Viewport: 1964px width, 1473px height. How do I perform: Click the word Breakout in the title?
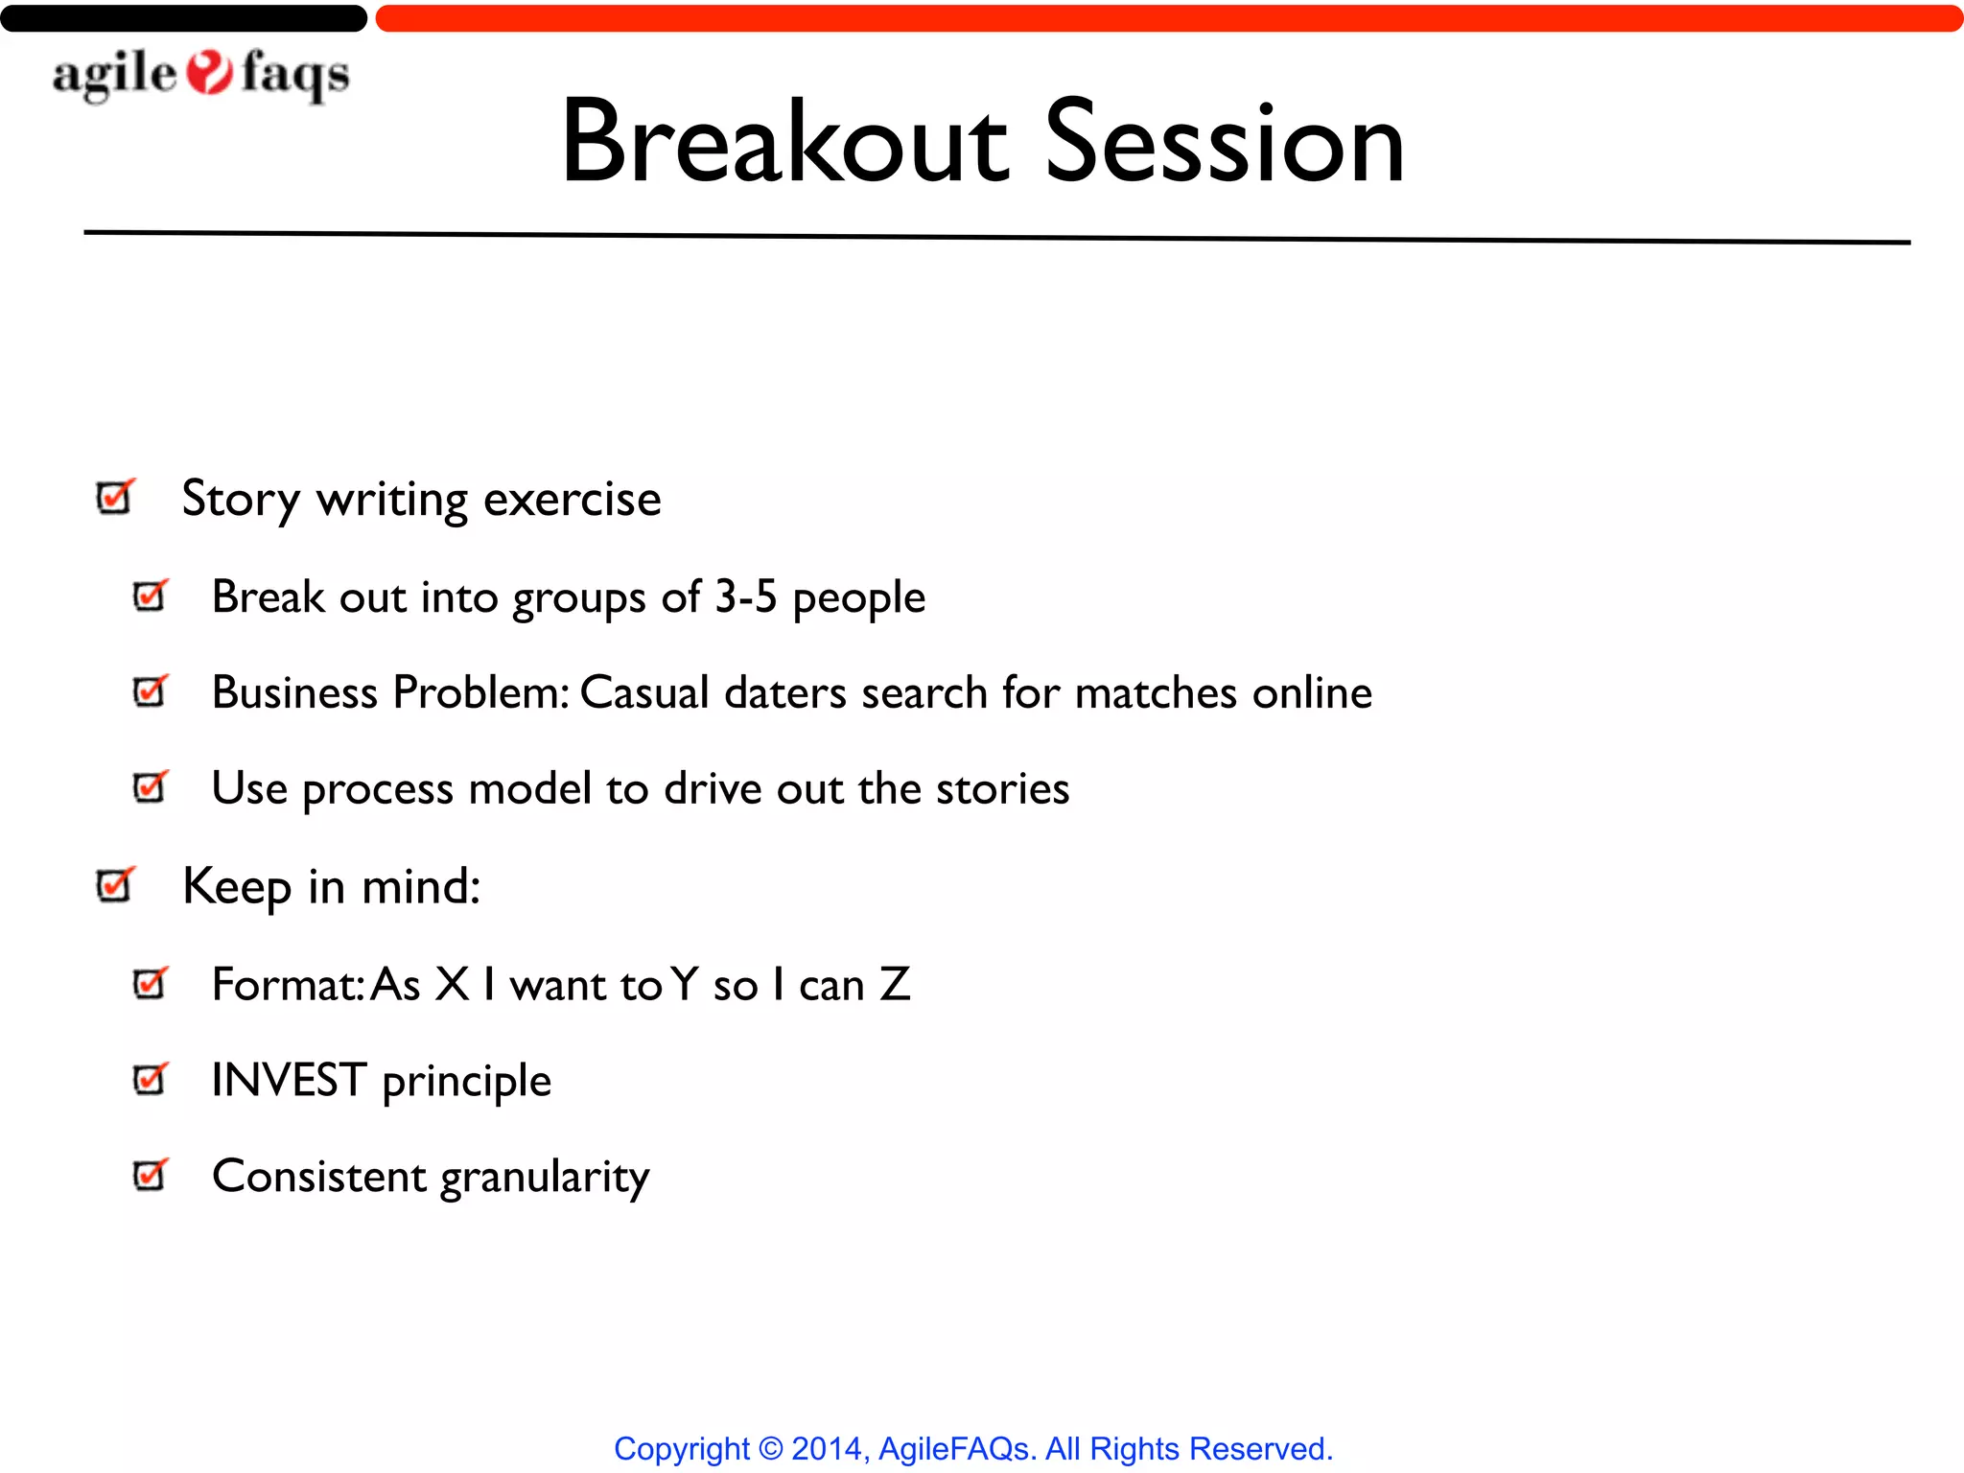point(784,144)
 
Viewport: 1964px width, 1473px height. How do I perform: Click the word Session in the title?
point(1224,144)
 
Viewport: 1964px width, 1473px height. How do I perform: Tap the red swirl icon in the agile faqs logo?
point(209,73)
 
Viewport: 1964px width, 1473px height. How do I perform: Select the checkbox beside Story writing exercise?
point(115,497)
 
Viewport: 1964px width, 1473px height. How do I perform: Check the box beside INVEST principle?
point(151,1080)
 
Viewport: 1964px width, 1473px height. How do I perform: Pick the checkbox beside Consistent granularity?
point(151,1175)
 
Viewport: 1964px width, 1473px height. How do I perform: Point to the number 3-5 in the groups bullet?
point(746,596)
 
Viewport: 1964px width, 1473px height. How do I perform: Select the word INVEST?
point(289,1080)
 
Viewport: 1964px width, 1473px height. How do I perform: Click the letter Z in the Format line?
point(895,984)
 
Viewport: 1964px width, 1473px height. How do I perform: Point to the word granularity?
point(545,1178)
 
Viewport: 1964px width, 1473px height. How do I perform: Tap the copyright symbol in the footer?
point(770,1448)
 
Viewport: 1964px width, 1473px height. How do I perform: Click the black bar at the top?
point(182,18)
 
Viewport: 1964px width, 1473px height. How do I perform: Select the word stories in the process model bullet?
point(1002,788)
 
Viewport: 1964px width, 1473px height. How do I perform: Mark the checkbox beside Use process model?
point(151,788)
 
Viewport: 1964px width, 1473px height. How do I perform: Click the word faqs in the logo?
point(295,75)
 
